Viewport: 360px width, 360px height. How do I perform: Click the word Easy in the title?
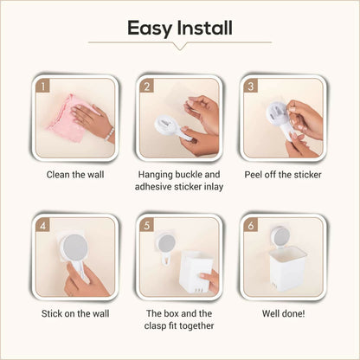pos(150,29)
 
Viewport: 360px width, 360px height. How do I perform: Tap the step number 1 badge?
pos(42,86)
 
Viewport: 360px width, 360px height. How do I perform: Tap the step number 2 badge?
pos(146,86)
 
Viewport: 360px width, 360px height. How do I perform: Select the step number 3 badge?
pos(251,86)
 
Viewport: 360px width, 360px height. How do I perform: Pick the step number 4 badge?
pos(42,225)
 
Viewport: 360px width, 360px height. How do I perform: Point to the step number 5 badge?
pos(146,225)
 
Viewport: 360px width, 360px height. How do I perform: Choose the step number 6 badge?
pos(251,225)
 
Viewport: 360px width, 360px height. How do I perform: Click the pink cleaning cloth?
pos(69,119)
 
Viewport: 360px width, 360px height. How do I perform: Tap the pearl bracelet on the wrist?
pos(110,134)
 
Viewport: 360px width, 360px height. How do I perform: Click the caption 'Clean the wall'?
pos(75,175)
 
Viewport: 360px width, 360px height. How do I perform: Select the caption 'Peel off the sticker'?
pos(283,175)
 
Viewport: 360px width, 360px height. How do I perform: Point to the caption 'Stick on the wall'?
pos(75,313)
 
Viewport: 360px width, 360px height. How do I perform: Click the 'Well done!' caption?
pos(283,313)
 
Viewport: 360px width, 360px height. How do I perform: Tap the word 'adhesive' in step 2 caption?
pos(153,187)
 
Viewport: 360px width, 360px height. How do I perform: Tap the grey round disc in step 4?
pos(75,247)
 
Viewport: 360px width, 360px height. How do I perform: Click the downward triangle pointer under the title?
pos(180,47)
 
